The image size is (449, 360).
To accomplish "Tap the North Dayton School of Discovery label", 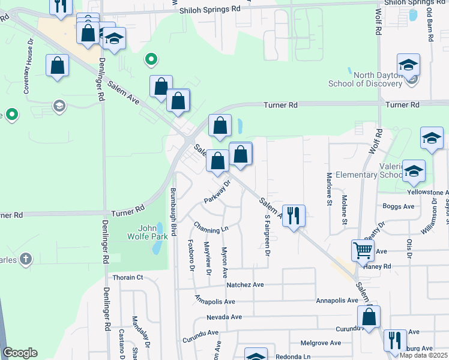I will pos(365,80).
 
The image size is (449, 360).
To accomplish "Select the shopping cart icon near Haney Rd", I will pos(363,251).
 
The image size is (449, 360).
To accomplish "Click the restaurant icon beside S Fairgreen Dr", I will pos(294,216).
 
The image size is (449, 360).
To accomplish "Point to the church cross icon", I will pos(25,259).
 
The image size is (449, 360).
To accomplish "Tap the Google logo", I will pos(20,353).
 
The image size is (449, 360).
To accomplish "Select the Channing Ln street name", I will pos(211,228).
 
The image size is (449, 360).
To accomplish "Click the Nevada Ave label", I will pos(224,317).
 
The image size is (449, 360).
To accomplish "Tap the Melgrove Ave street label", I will pos(321,343).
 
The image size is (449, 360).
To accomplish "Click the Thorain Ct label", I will pos(128,277).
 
